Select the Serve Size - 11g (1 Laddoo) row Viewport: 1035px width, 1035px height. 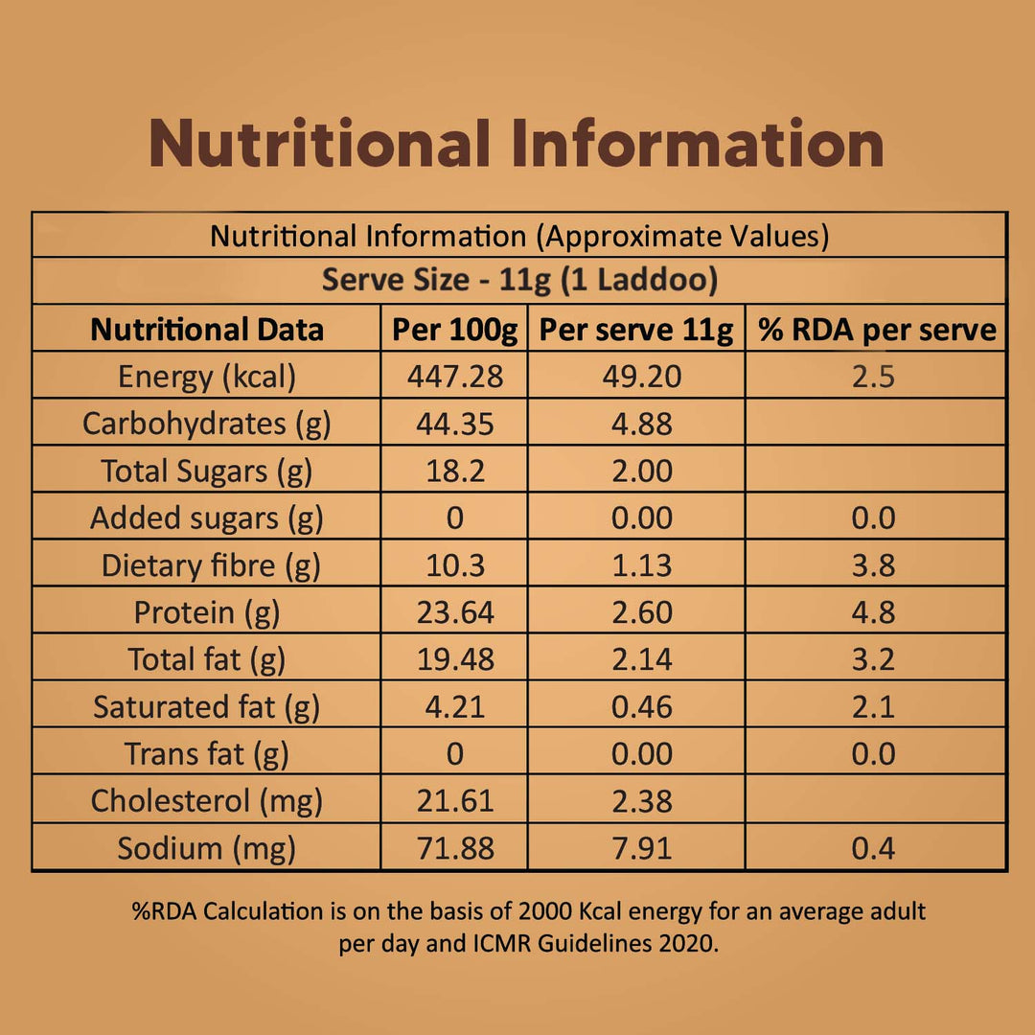pos(519,281)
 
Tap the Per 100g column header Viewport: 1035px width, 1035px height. pos(454,330)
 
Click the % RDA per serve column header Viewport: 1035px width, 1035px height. pos(877,330)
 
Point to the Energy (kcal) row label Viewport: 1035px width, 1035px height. pos(207,377)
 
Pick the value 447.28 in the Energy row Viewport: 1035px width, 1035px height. pos(454,377)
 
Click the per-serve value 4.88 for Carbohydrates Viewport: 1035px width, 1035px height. pos(642,424)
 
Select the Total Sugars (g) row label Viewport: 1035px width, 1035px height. pos(207,471)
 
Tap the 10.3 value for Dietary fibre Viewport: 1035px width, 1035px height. pos(454,565)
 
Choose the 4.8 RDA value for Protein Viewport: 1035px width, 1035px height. pos(873,612)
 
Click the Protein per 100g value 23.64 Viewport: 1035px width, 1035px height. pos(454,612)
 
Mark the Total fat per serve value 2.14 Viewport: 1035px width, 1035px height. pos(642,659)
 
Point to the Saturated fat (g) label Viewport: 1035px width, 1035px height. pos(207,706)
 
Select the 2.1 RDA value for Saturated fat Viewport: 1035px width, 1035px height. pos(873,706)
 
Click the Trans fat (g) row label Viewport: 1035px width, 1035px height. pos(207,753)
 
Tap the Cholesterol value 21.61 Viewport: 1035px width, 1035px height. pos(454,800)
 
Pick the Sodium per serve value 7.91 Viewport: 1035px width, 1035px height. pos(642,848)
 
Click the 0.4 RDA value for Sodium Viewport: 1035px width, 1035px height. pos(873,848)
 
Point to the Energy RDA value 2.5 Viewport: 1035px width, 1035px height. pos(873,377)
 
